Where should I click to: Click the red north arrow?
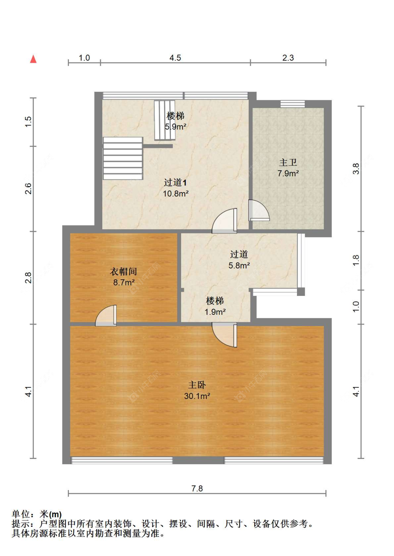[x=33, y=59]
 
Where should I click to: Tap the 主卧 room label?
[x=197, y=385]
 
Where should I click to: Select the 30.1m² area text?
[x=197, y=396]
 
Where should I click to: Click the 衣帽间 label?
[x=123, y=271]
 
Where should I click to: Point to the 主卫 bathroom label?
[x=288, y=162]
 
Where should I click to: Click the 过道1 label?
[x=175, y=182]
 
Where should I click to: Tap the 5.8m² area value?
[x=239, y=265]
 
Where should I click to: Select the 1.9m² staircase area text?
[x=215, y=312]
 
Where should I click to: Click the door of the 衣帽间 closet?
[x=106, y=316]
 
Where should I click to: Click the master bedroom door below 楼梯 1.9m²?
[x=224, y=334]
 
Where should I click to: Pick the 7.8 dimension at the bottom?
[x=197, y=488]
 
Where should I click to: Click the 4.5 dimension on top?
[x=175, y=58]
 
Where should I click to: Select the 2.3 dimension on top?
[x=288, y=58]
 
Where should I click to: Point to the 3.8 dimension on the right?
[x=356, y=169]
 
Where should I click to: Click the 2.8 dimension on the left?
[x=28, y=278]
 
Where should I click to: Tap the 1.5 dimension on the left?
[x=28, y=122]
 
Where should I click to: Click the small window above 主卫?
[x=292, y=104]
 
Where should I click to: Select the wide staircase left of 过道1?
[x=123, y=158]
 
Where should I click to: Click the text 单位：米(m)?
[x=37, y=514]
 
